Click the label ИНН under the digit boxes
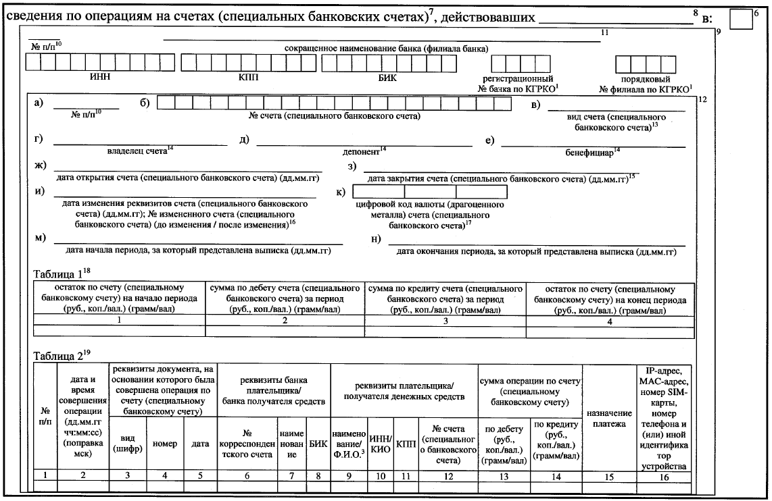(x=100, y=77)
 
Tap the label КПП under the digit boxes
(x=248, y=77)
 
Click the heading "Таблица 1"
(x=62, y=274)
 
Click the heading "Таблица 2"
(x=62, y=357)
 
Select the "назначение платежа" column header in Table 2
(x=609, y=418)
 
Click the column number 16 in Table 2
(x=665, y=477)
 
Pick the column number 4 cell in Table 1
(x=609, y=321)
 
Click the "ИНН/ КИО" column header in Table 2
(x=381, y=443)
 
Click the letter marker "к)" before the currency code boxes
(x=341, y=192)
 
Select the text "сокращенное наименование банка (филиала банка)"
(x=386, y=49)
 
